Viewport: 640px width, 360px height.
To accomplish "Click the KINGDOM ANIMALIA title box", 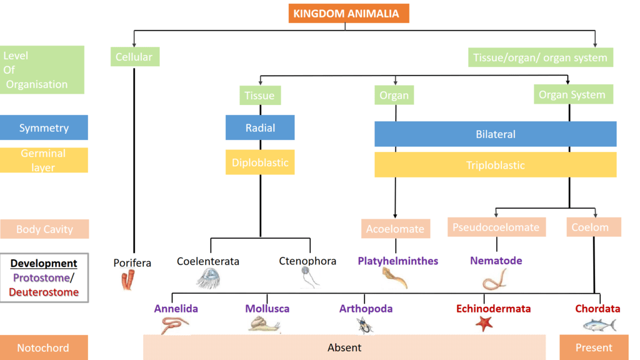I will tap(349, 13).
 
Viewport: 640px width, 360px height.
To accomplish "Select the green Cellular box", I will tap(134, 57).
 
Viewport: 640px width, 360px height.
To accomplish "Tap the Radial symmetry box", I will tap(260, 128).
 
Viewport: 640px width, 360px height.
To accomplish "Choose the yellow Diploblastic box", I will tap(260, 162).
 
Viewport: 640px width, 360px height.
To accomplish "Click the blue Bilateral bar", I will tap(495, 134).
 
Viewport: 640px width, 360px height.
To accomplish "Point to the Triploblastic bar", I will tap(495, 165).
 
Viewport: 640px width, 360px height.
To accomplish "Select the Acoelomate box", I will tap(395, 229).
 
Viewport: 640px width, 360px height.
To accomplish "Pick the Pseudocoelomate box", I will tap(496, 227).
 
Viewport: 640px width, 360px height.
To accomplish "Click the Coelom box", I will tap(589, 227).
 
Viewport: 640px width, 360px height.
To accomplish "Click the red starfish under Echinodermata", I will tap(484, 323).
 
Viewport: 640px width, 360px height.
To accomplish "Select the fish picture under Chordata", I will tap(599, 324).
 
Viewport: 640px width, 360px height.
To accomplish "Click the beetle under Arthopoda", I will tap(366, 324).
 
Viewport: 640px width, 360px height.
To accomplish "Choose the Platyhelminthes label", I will tap(397, 261).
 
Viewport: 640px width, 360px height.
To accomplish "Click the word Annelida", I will tap(176, 309).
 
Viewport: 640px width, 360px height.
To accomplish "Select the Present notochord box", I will tap(594, 347).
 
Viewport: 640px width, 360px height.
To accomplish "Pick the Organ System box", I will tap(572, 95).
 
